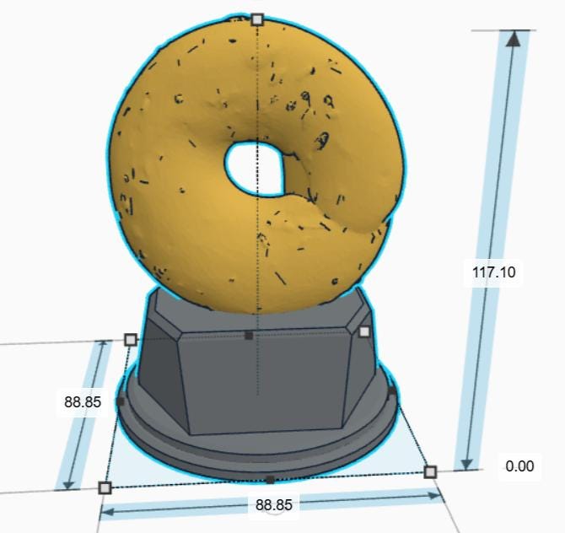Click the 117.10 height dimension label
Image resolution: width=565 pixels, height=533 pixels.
click(x=494, y=272)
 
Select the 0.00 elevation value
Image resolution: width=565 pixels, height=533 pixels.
click(x=519, y=466)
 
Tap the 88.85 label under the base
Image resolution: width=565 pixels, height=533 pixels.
click(x=274, y=504)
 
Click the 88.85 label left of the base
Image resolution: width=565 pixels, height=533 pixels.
click(x=83, y=402)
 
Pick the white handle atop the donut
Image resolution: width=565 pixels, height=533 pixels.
click(x=258, y=19)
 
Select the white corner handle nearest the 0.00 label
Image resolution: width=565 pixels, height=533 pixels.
click(x=430, y=471)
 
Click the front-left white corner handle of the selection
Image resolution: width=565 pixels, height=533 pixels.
click(x=105, y=487)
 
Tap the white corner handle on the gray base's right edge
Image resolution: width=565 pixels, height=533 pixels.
click(x=364, y=331)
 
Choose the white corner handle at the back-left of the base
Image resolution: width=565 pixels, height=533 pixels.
click(x=131, y=339)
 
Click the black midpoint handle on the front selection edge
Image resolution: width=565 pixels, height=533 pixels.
click(x=269, y=480)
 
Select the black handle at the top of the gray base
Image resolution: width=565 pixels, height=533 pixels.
click(x=248, y=336)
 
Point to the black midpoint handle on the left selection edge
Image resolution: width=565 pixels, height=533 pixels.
click(x=121, y=401)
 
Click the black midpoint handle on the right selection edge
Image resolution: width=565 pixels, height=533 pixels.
click(x=392, y=390)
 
